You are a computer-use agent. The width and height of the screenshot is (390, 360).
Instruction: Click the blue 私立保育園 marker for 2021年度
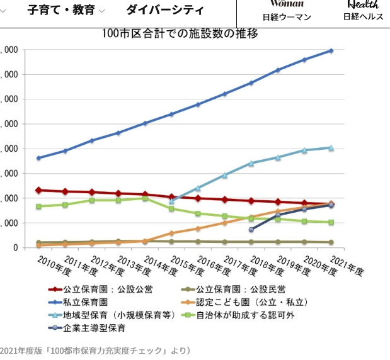coord(331,50)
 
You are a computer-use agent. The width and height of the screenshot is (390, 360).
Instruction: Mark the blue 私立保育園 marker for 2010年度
coord(38,158)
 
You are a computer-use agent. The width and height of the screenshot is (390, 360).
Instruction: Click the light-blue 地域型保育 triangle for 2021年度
coord(331,147)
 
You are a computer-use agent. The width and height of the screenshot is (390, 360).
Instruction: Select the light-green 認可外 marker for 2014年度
coord(145,198)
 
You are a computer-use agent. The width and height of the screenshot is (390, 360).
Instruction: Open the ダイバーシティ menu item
coord(165,10)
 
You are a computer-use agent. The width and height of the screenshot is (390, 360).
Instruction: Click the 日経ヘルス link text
coord(363,17)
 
